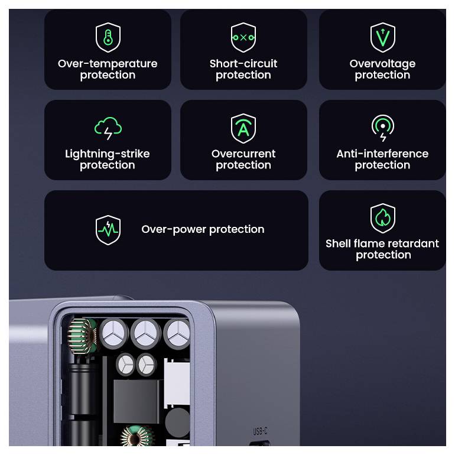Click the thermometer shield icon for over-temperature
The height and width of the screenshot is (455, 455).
pos(108,37)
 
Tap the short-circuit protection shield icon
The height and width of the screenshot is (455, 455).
pos(243,37)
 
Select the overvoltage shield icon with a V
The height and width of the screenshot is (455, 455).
pos(382,37)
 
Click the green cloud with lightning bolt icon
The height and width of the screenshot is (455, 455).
pos(108,128)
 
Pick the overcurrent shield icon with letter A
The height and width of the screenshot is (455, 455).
pos(243,128)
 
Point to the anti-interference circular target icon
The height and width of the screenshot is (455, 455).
pos(382,128)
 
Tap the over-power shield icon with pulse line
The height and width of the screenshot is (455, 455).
pos(108,230)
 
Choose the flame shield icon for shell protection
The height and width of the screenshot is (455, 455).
pos(382,218)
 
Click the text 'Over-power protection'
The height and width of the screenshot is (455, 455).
pos(203,229)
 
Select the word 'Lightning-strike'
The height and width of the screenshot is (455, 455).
pos(108,154)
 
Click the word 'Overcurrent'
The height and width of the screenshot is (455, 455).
pos(243,154)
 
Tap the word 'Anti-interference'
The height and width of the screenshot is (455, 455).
pos(382,154)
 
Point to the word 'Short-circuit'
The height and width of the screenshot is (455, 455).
pos(243,63)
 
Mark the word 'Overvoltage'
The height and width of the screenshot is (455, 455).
pos(382,63)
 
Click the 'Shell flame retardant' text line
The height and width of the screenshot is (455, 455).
pos(382,243)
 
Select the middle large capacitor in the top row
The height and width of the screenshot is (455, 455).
pos(145,334)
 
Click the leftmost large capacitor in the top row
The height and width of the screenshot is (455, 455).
pos(113,334)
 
